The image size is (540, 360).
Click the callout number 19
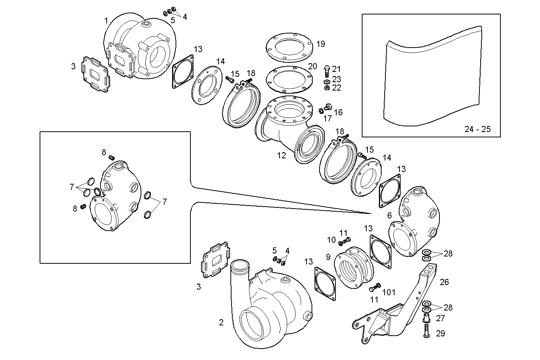pos(321,44)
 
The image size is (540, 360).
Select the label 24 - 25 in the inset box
pos(478,129)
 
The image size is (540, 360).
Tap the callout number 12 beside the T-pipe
pos(281,156)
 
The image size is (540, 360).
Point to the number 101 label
pos(389,292)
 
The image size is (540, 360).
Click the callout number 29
pos(440,333)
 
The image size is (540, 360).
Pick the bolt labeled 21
pos(327,71)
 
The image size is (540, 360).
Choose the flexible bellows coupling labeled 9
pos(354,268)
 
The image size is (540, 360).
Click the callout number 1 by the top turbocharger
pos(106,21)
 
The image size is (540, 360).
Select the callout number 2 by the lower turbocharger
pos(221,323)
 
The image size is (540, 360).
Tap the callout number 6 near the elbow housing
pos(389,215)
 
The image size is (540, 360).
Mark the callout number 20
pos(312,66)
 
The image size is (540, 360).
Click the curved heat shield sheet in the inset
pos(430,84)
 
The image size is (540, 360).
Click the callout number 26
pos(444,282)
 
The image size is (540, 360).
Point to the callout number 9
pos(328,257)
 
